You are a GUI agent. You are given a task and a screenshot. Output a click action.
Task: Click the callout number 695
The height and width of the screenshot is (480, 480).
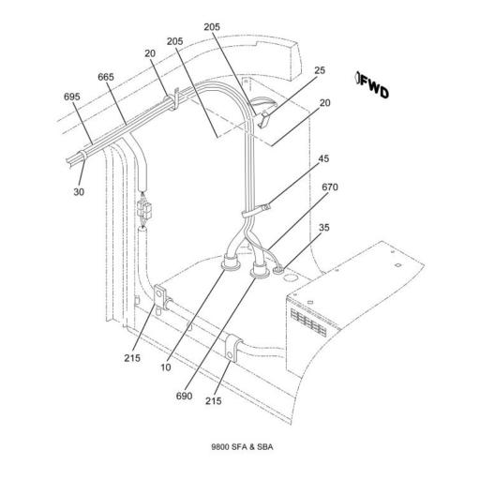72,97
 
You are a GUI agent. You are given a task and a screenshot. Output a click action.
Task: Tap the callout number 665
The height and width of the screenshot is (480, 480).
106,77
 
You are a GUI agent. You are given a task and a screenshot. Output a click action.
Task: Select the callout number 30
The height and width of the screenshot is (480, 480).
79,192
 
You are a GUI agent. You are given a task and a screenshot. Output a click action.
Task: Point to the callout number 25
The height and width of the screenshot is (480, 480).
320,70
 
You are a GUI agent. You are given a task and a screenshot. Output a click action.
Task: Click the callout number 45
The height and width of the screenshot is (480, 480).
323,158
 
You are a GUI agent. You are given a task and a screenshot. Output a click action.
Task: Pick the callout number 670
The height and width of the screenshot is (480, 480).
330,187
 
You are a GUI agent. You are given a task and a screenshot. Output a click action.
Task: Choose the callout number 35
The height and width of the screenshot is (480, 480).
324,228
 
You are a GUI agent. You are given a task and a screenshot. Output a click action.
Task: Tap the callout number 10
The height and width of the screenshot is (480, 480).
166,367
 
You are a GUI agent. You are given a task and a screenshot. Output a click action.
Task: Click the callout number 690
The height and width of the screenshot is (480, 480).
184,396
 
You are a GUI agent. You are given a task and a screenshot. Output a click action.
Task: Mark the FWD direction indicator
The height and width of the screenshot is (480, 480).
373,85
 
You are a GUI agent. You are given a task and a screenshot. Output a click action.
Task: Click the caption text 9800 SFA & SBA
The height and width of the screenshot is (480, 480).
242,447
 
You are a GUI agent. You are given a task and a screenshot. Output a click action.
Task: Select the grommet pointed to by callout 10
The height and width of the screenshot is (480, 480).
231,262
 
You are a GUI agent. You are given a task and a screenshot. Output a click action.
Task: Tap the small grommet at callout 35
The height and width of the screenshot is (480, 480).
278,270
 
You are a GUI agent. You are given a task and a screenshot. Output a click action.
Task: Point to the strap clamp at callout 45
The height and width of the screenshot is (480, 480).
256,211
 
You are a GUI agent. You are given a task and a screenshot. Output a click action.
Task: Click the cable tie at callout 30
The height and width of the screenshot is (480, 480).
82,156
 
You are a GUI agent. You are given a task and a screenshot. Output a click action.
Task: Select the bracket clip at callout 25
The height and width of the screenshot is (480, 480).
264,119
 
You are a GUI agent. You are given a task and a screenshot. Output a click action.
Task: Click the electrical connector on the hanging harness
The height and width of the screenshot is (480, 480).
144,210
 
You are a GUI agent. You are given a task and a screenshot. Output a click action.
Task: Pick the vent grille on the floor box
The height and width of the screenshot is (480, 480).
308,322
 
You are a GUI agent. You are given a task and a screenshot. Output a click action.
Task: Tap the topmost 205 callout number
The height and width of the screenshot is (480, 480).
212,27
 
